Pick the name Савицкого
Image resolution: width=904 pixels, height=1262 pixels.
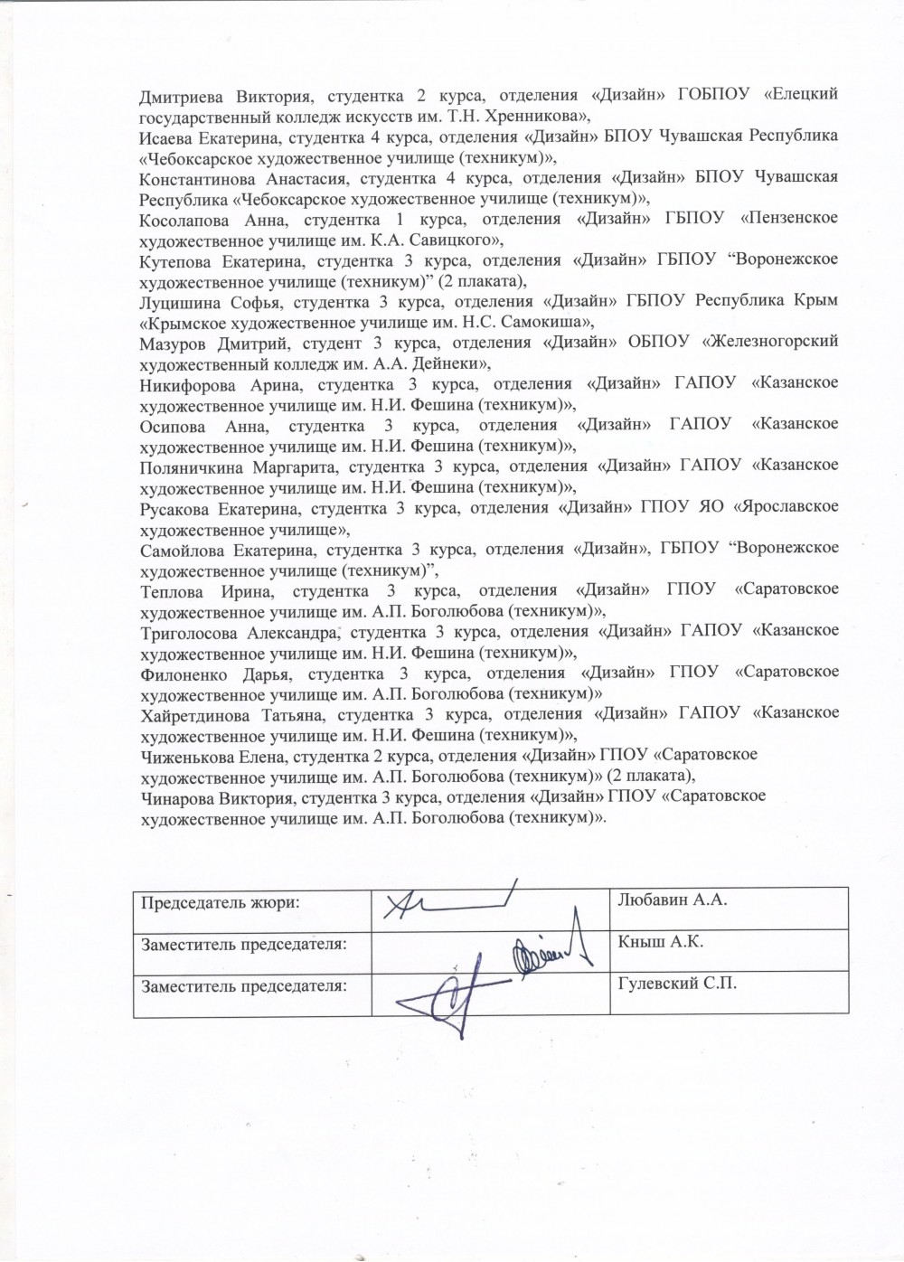click(x=455, y=240)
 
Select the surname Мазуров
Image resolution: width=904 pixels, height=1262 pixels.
click(x=174, y=342)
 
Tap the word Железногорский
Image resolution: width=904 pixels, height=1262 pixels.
click(x=774, y=342)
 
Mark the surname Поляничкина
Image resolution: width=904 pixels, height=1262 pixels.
click(x=191, y=465)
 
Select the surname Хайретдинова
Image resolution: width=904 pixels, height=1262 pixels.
click(x=193, y=713)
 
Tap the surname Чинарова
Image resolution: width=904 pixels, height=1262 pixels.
click(x=177, y=796)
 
